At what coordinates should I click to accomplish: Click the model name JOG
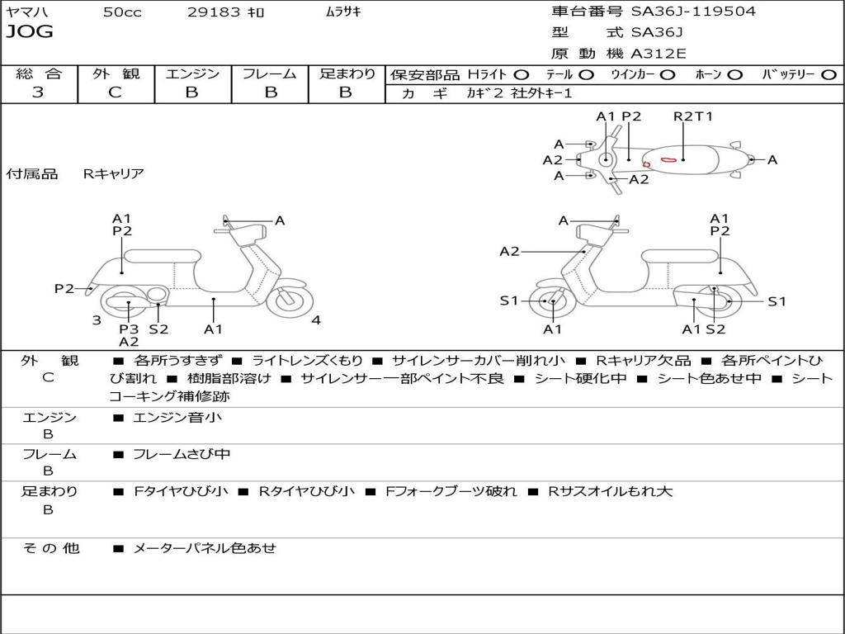(30, 32)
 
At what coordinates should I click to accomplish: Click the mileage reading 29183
(214, 12)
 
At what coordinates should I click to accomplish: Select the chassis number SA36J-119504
(693, 12)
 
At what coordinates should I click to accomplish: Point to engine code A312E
(658, 54)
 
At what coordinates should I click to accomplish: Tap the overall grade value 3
(38, 92)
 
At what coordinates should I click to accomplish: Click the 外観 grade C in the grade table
(116, 92)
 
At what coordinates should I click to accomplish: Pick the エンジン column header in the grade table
(192, 74)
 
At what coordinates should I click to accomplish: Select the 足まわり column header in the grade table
(347, 74)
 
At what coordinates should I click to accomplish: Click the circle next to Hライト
(522, 75)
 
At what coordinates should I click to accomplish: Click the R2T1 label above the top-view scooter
(692, 116)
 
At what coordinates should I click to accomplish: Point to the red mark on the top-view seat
(669, 158)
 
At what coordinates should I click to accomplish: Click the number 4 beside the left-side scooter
(316, 320)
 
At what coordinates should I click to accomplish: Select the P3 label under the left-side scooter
(129, 329)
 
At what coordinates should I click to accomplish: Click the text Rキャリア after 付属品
(113, 173)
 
